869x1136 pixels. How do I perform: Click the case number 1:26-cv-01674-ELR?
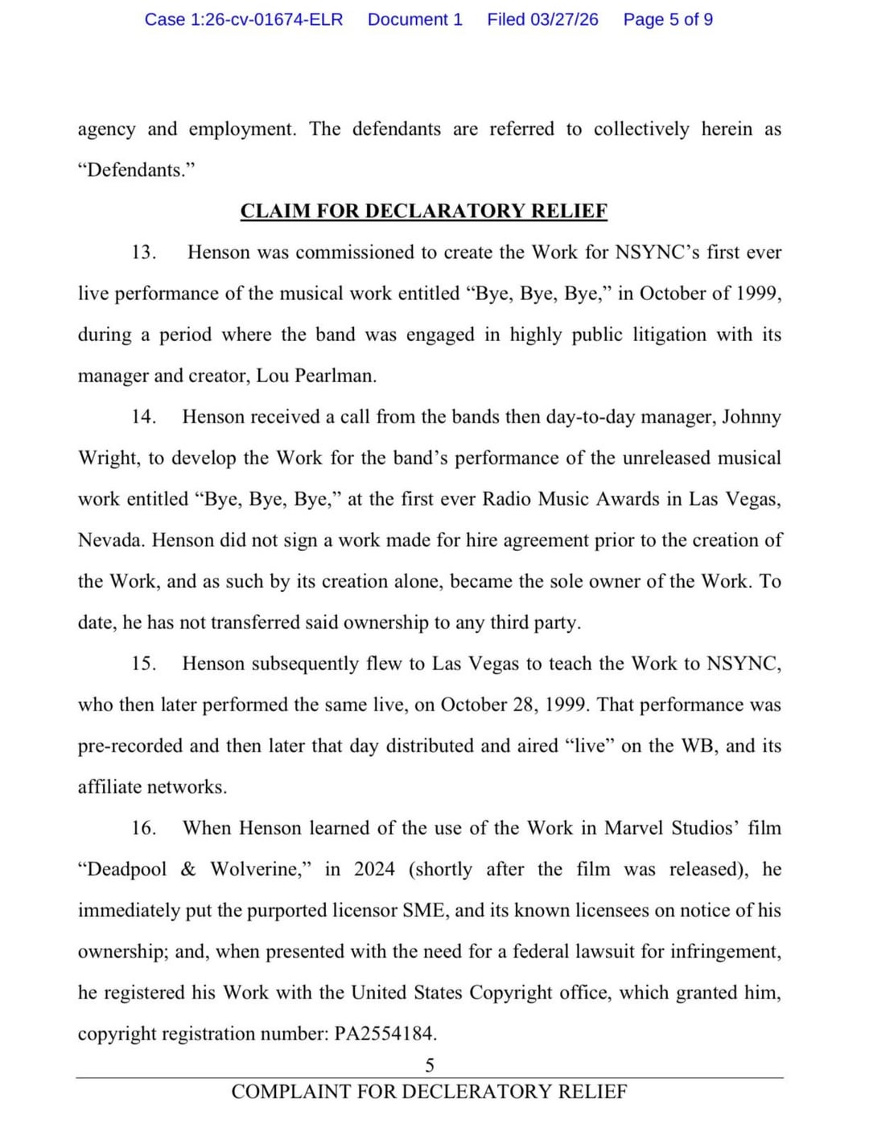point(244,19)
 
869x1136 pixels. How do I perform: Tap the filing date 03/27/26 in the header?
point(564,19)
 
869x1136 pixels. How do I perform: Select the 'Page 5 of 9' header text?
point(668,19)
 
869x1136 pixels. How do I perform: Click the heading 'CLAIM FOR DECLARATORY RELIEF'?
point(424,211)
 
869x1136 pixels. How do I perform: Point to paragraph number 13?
point(143,253)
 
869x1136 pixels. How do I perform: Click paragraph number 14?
point(143,417)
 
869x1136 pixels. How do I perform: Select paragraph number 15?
point(143,664)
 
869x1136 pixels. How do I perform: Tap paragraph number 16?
point(143,828)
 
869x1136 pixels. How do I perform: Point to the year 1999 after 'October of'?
point(758,294)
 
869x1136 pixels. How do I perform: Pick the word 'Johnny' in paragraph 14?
point(752,417)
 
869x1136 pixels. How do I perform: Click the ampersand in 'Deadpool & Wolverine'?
point(188,870)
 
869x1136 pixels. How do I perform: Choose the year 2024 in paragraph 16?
point(374,870)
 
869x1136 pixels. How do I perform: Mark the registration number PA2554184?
point(385,1034)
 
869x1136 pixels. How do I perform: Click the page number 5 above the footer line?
point(430,1066)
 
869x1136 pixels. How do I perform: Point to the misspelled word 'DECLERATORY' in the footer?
point(478,1092)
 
